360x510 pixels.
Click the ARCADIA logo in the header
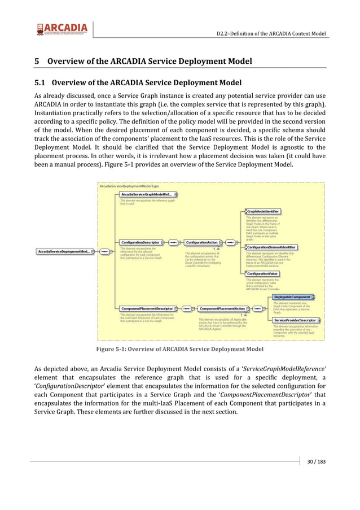(x=62, y=28)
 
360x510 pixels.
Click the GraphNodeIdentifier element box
(x=263, y=212)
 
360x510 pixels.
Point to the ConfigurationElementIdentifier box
(x=271, y=247)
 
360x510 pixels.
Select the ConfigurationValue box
(x=262, y=273)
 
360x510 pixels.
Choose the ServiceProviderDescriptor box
(x=295, y=320)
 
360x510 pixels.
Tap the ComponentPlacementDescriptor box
(x=146, y=309)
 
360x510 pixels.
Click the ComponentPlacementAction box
(x=222, y=309)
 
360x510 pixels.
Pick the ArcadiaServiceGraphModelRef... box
(x=146, y=194)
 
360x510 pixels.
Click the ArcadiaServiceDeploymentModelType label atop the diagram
(x=129, y=185)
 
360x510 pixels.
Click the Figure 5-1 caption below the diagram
(x=179, y=350)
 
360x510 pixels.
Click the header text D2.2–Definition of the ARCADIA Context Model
(x=271, y=33)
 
